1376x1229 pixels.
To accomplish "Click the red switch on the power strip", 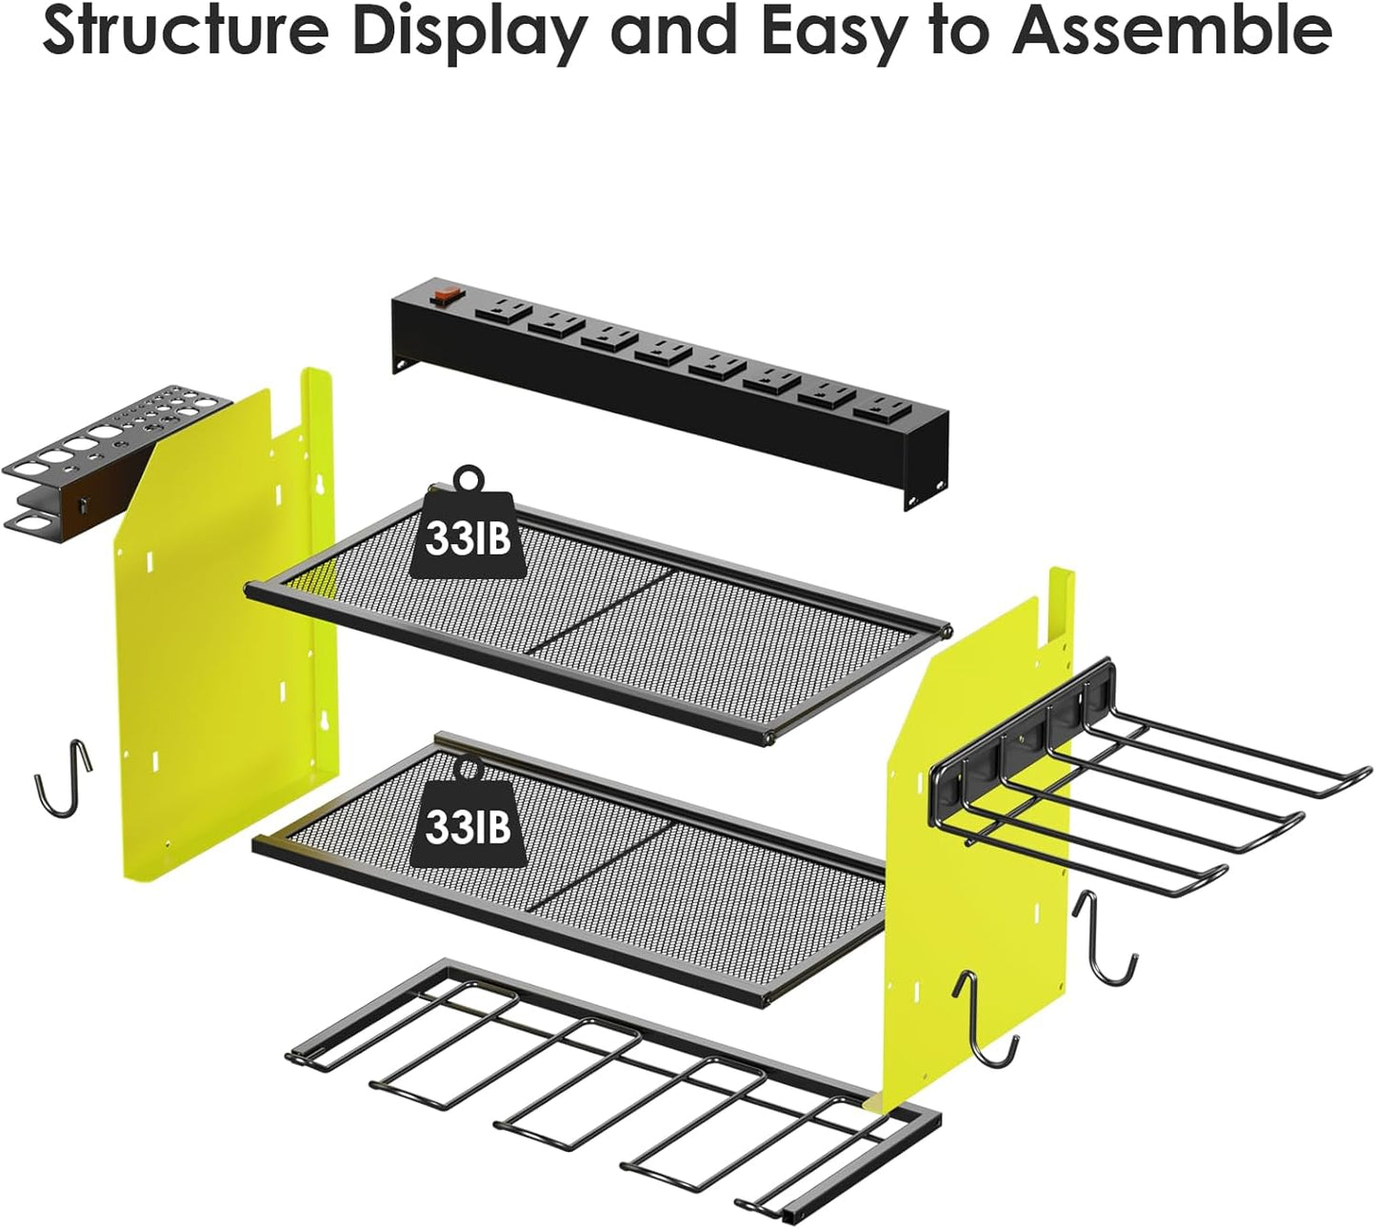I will tap(443, 296).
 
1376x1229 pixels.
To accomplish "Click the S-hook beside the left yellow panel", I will tap(64, 780).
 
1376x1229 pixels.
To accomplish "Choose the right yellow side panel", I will tap(981, 838).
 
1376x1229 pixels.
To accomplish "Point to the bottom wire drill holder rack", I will tap(609, 1086).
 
